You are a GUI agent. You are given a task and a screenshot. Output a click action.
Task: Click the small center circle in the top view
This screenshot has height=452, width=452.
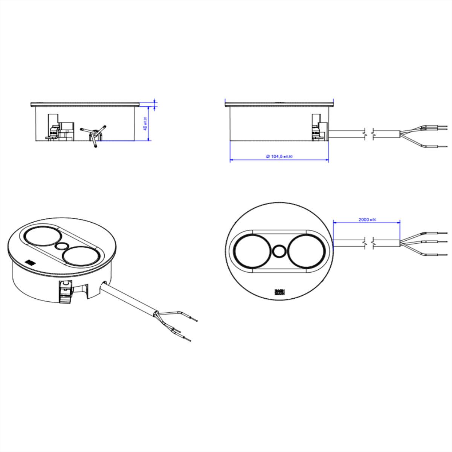click(x=279, y=251)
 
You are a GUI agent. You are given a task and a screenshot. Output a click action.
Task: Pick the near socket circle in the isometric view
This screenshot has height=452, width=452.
click(x=81, y=257)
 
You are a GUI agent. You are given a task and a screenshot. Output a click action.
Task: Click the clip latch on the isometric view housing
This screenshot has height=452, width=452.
click(x=65, y=290)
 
